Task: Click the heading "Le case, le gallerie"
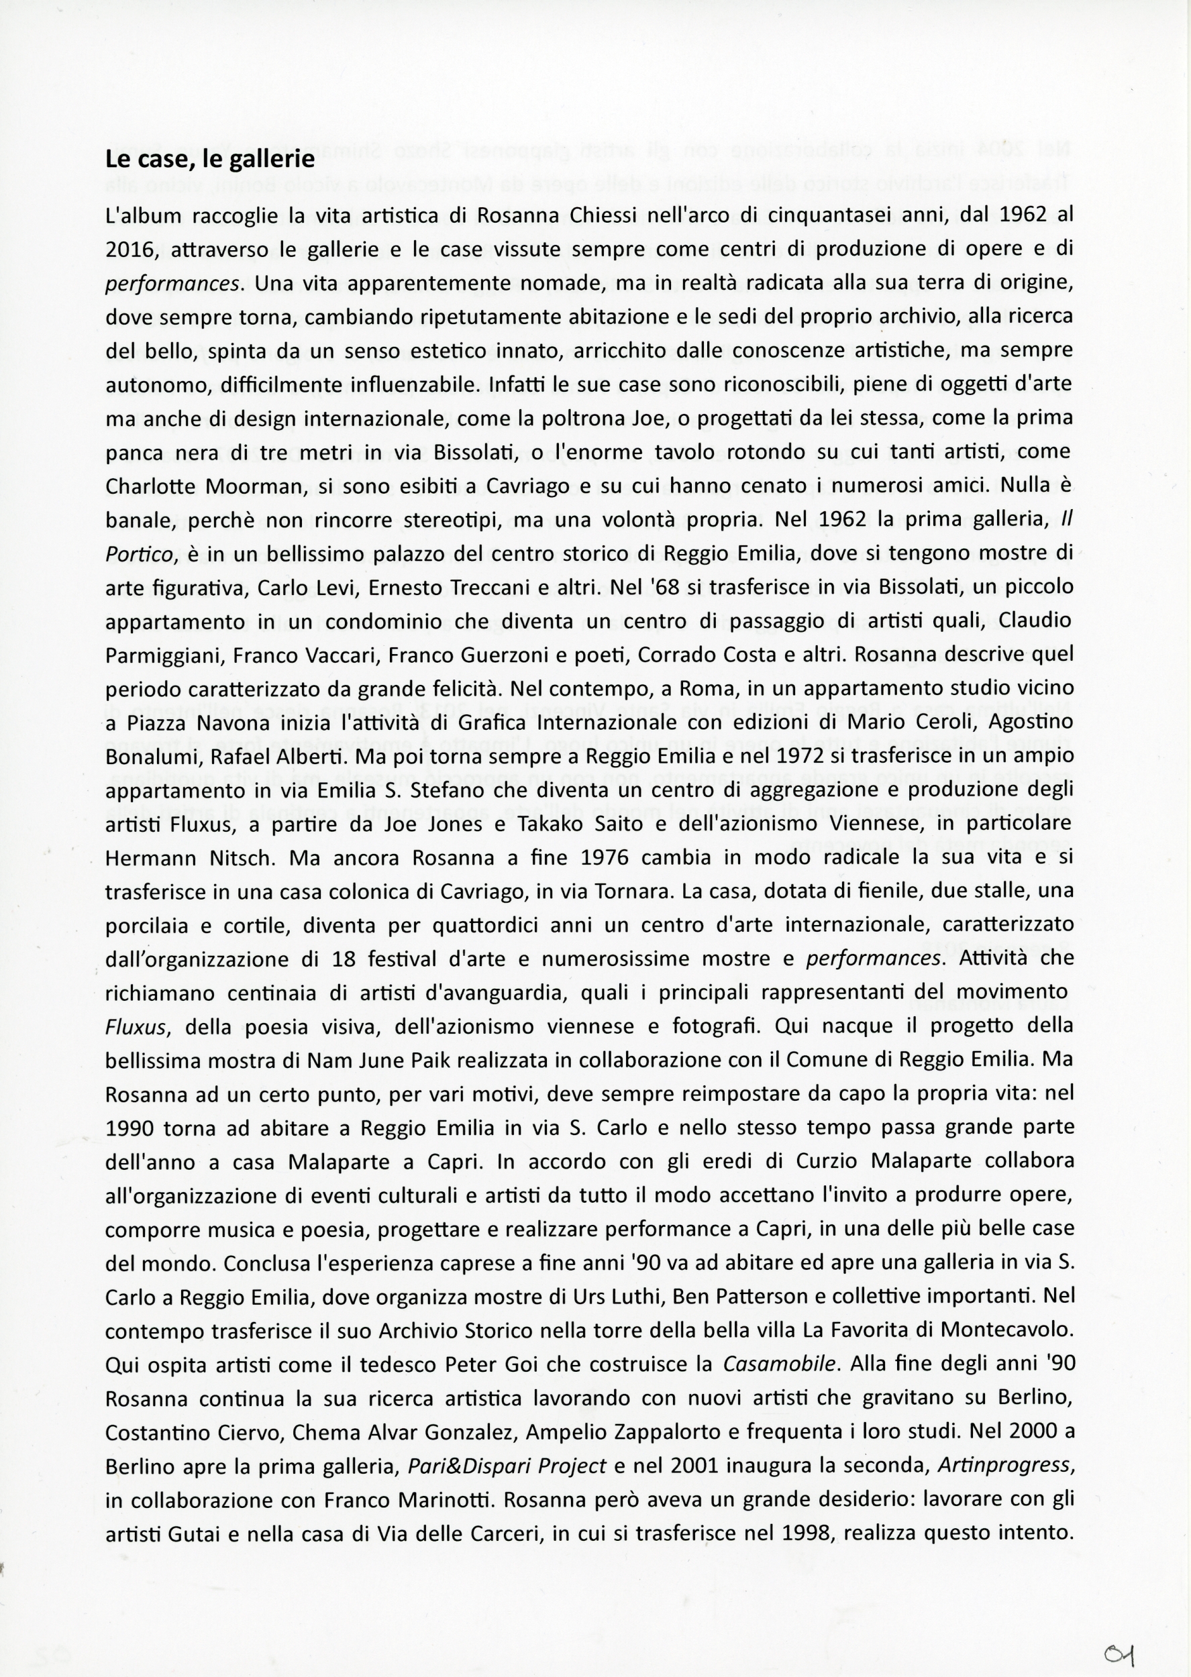210,159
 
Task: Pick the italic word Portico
140,554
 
